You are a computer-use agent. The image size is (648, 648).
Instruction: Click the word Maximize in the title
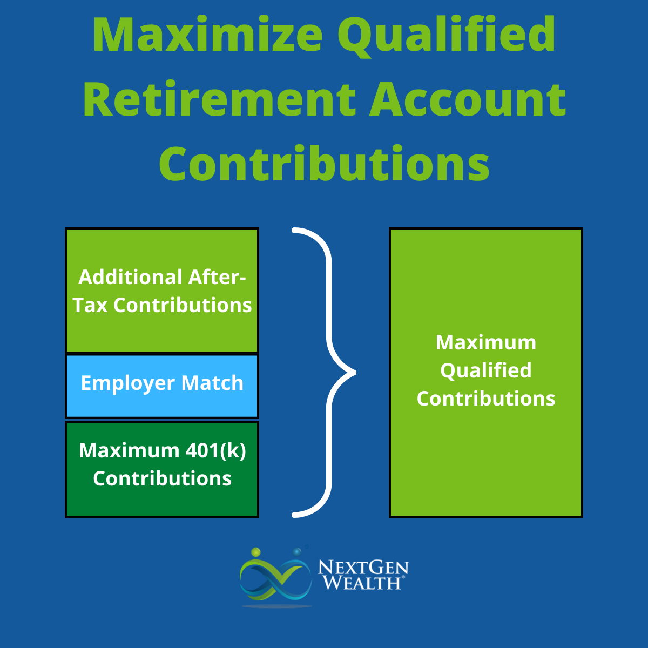207,35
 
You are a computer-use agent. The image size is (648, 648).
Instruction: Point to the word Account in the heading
468,100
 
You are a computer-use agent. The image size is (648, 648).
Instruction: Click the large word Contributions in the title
324,163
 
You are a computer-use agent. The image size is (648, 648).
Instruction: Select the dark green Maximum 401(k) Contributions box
162,469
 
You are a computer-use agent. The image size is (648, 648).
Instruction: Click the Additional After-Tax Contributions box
162,290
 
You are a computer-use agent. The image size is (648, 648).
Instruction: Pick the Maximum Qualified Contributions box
486,373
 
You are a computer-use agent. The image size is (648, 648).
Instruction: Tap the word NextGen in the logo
363,568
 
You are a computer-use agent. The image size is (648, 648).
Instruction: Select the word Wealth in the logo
362,583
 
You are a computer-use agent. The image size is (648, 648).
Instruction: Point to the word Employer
128,384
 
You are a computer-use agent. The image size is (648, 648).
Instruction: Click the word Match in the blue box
212,383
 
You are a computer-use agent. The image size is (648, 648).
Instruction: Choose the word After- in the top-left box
217,277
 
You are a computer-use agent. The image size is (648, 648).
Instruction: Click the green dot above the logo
256,552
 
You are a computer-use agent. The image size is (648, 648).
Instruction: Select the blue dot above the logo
297,552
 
